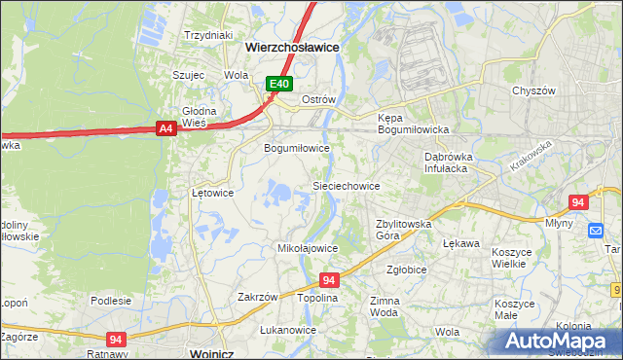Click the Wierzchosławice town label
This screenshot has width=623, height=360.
pos(291,46)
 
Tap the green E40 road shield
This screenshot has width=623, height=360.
pos(279,85)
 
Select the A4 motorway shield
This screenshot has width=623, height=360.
pos(165,127)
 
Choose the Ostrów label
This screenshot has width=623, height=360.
pos(318,100)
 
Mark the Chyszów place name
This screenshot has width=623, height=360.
pos(532,90)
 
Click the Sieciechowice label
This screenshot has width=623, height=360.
pos(345,185)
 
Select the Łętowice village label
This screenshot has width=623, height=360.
pos(212,193)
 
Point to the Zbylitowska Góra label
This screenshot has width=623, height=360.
pos(403,230)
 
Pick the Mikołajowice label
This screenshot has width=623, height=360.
pos(308,248)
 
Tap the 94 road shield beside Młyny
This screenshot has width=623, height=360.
pos(578,202)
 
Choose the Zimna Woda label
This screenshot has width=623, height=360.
pos(385,307)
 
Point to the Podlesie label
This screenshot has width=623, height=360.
pos(111,301)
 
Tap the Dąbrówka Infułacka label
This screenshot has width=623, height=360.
pos(447,162)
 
